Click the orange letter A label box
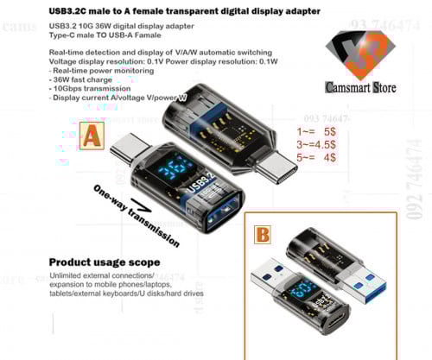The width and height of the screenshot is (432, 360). [x=92, y=136]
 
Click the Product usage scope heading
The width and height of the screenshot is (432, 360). [x=103, y=262]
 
